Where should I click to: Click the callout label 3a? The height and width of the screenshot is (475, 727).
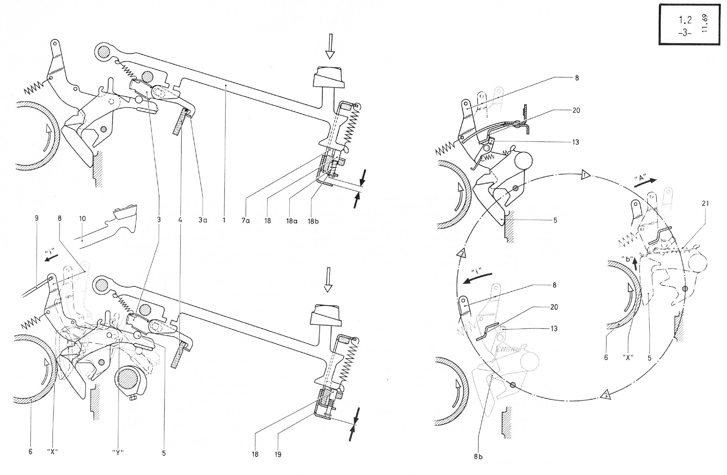pyautogui.click(x=203, y=220)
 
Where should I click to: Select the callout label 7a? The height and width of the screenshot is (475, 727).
pyautogui.click(x=245, y=220)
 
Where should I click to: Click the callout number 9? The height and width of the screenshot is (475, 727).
pyautogui.click(x=37, y=218)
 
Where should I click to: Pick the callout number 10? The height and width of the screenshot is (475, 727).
pyautogui.click(x=82, y=218)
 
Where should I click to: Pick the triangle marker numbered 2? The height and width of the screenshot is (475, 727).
pyautogui.click(x=605, y=396)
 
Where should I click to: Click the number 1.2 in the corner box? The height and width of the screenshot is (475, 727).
pyautogui.click(x=684, y=20)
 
